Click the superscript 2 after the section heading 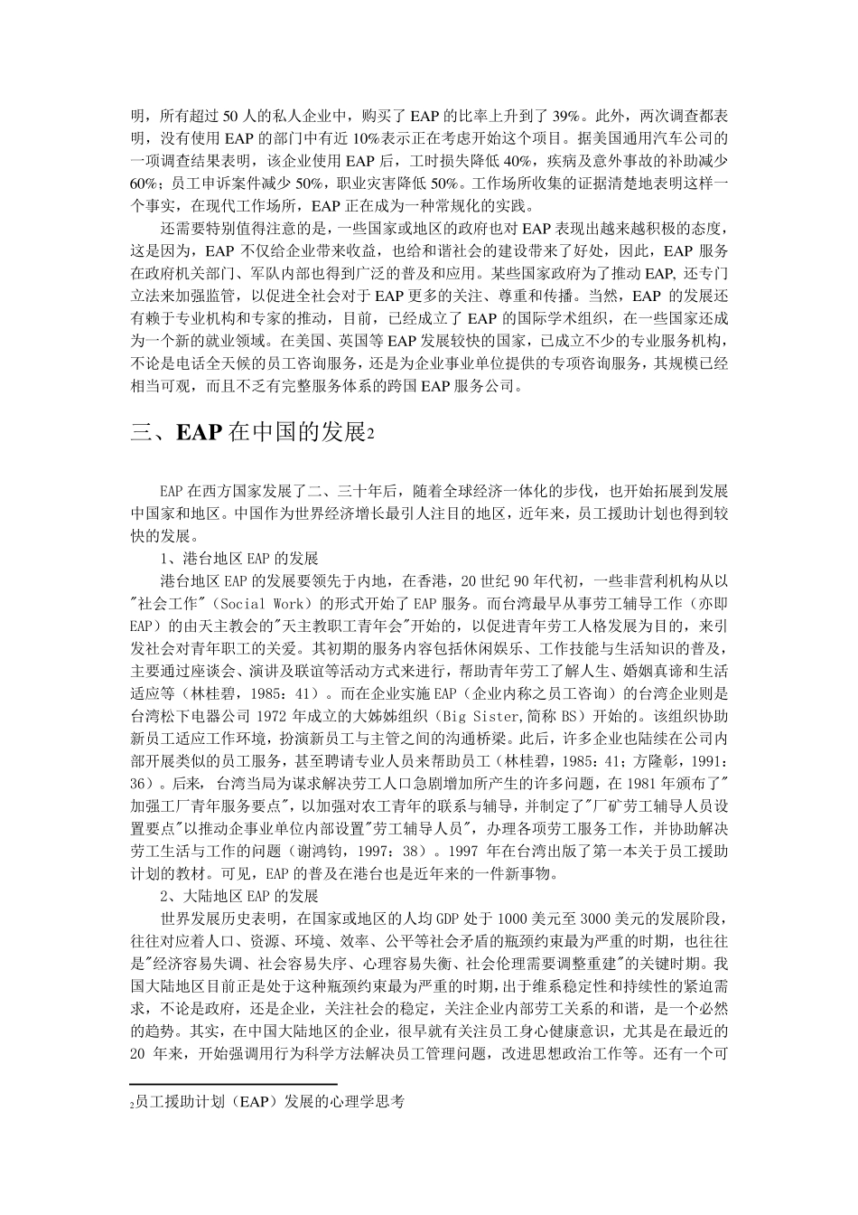coord(369,435)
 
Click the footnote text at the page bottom coord(266,1102)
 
